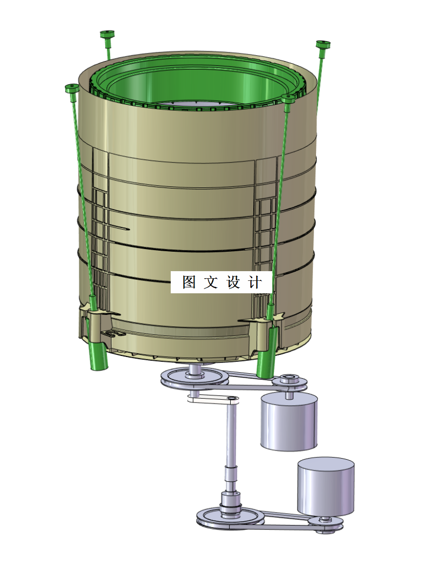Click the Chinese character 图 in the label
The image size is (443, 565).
pyautogui.click(x=189, y=282)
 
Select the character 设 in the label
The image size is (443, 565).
pyautogui.click(x=233, y=282)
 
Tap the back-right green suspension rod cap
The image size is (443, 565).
pyautogui.click(x=323, y=44)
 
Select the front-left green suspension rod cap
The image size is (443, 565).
pyautogui.click(x=72, y=88)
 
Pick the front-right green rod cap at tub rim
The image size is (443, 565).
pyautogui.click(x=288, y=99)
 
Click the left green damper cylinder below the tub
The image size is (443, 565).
pyautogui.click(x=98, y=356)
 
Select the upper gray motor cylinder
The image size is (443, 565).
pyautogui.click(x=288, y=422)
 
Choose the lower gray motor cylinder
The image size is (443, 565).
pyautogui.click(x=326, y=487)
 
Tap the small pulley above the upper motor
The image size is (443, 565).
pyautogui.click(x=290, y=382)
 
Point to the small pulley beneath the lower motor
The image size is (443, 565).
pyautogui.click(x=326, y=523)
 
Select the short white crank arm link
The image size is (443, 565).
pyautogui.click(x=213, y=398)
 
